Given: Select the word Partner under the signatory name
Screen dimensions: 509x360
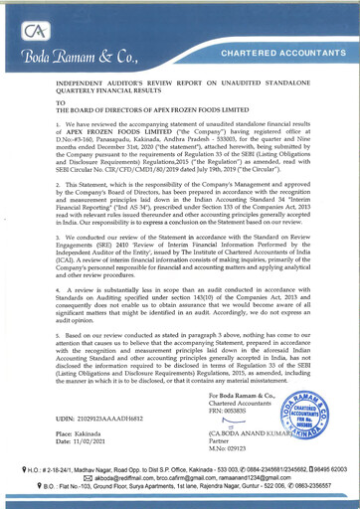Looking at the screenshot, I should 223,465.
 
